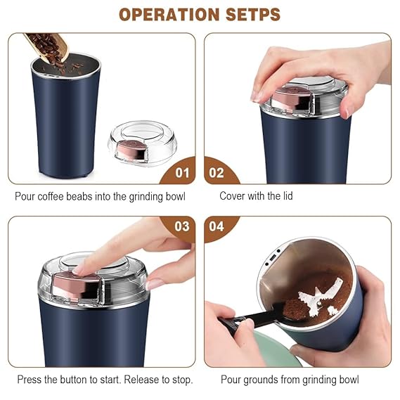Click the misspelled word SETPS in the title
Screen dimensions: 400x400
pyautogui.click(x=248, y=14)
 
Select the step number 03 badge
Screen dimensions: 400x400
pyautogui.click(x=182, y=227)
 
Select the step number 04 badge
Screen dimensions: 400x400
pyautogui.click(x=217, y=227)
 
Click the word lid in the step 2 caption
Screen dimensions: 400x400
pyautogui.click(x=285, y=197)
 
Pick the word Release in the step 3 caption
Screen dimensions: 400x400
pyautogui.click(x=138, y=380)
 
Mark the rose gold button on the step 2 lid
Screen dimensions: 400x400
pyautogui.click(x=288, y=99)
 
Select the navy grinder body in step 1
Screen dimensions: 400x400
pyautogui.click(x=66, y=123)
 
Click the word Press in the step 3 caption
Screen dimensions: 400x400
pyautogui.click(x=28, y=380)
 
